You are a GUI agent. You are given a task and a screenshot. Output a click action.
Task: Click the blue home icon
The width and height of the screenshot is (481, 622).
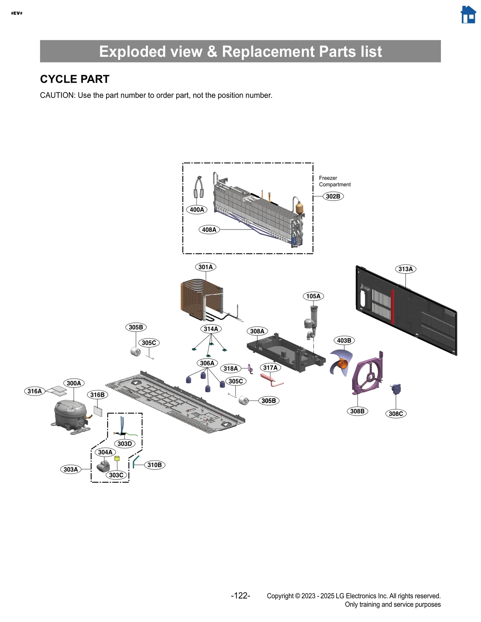tap(468, 15)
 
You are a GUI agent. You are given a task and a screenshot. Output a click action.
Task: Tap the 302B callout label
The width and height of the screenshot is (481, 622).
tap(333, 196)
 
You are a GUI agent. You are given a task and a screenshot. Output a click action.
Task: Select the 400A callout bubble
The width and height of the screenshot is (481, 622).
tap(197, 210)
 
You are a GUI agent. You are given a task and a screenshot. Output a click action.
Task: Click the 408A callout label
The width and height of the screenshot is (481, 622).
tap(209, 230)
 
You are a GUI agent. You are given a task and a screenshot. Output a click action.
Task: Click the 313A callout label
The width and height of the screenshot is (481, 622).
tap(405, 269)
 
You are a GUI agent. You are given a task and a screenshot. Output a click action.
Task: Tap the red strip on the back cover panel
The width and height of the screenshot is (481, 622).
tap(392, 306)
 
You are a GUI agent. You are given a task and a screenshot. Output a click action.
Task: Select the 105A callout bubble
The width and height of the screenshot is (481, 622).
tap(313, 296)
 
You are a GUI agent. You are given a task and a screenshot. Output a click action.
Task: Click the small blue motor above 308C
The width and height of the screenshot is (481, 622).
tap(396, 389)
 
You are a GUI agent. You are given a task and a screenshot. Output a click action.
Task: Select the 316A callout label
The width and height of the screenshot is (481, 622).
tap(35, 391)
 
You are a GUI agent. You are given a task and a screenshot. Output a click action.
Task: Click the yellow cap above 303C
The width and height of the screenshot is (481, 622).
tap(117, 459)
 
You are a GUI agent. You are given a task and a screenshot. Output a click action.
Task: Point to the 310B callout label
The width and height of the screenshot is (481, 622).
tap(155, 465)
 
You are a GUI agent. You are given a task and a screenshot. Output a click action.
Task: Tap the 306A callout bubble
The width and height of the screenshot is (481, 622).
tap(207, 363)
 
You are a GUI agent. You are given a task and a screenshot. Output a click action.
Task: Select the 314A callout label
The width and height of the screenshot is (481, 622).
tap(211, 329)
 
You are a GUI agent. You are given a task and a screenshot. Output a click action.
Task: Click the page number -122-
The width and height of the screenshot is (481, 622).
tap(240, 596)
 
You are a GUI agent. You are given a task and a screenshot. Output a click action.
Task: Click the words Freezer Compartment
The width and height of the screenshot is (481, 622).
tap(334, 181)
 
